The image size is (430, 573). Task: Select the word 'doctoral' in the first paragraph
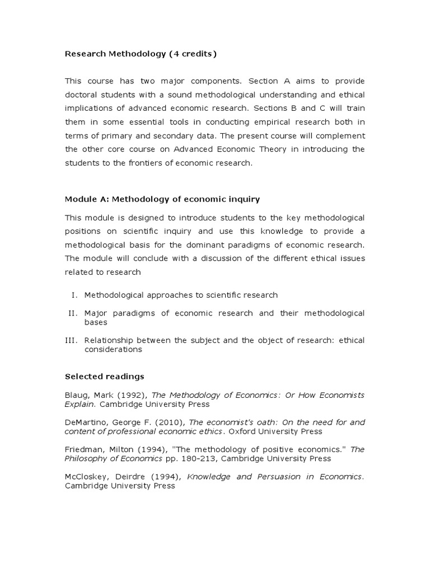click(83, 95)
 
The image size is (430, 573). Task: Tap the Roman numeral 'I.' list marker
click(76, 295)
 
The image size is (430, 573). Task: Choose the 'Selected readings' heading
click(104, 376)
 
